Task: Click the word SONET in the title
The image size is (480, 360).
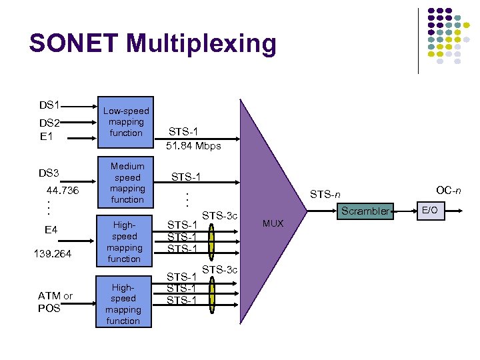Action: tap(74, 44)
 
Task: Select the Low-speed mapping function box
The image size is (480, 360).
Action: tap(127, 122)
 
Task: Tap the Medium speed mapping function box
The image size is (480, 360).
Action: tap(127, 183)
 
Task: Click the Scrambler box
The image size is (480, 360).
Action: tap(365, 211)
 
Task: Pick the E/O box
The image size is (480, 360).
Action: tap(431, 211)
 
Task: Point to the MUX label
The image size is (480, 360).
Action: tap(273, 223)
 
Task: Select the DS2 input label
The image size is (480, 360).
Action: tap(50, 123)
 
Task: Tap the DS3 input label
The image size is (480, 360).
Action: tap(49, 173)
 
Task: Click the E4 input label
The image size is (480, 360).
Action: tap(51, 230)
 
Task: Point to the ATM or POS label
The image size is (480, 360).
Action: tap(55, 302)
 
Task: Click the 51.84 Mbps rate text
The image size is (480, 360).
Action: tap(194, 145)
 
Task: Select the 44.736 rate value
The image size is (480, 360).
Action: tap(62, 191)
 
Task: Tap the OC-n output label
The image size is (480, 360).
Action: tap(448, 191)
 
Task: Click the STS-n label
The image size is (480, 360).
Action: tap(325, 195)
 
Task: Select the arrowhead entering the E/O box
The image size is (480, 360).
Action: tap(413, 211)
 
